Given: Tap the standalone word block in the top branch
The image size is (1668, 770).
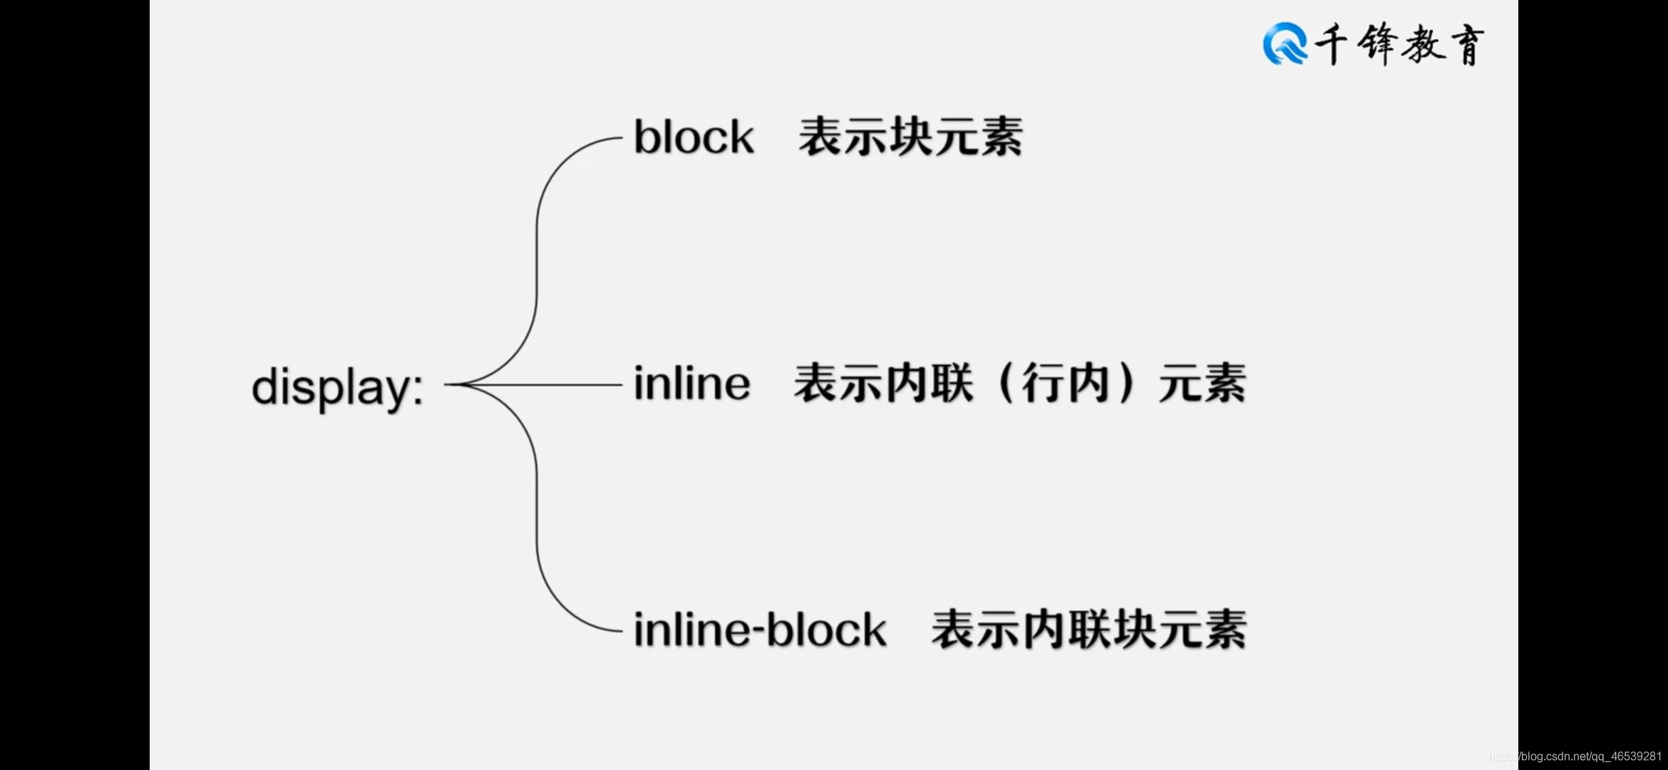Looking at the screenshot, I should click(x=693, y=137).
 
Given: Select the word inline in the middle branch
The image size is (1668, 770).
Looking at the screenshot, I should click(x=691, y=384).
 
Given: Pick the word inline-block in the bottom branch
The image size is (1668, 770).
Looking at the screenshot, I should click(x=760, y=630).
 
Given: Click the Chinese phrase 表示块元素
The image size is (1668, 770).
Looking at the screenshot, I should click(x=910, y=137).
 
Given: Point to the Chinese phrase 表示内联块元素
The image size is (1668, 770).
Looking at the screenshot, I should click(x=1088, y=630).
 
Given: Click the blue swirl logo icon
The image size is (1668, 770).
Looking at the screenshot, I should click(x=1285, y=43).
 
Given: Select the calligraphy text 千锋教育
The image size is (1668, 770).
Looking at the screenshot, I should click(x=1399, y=44).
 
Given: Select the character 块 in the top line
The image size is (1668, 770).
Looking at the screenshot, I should click(x=910, y=137).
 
